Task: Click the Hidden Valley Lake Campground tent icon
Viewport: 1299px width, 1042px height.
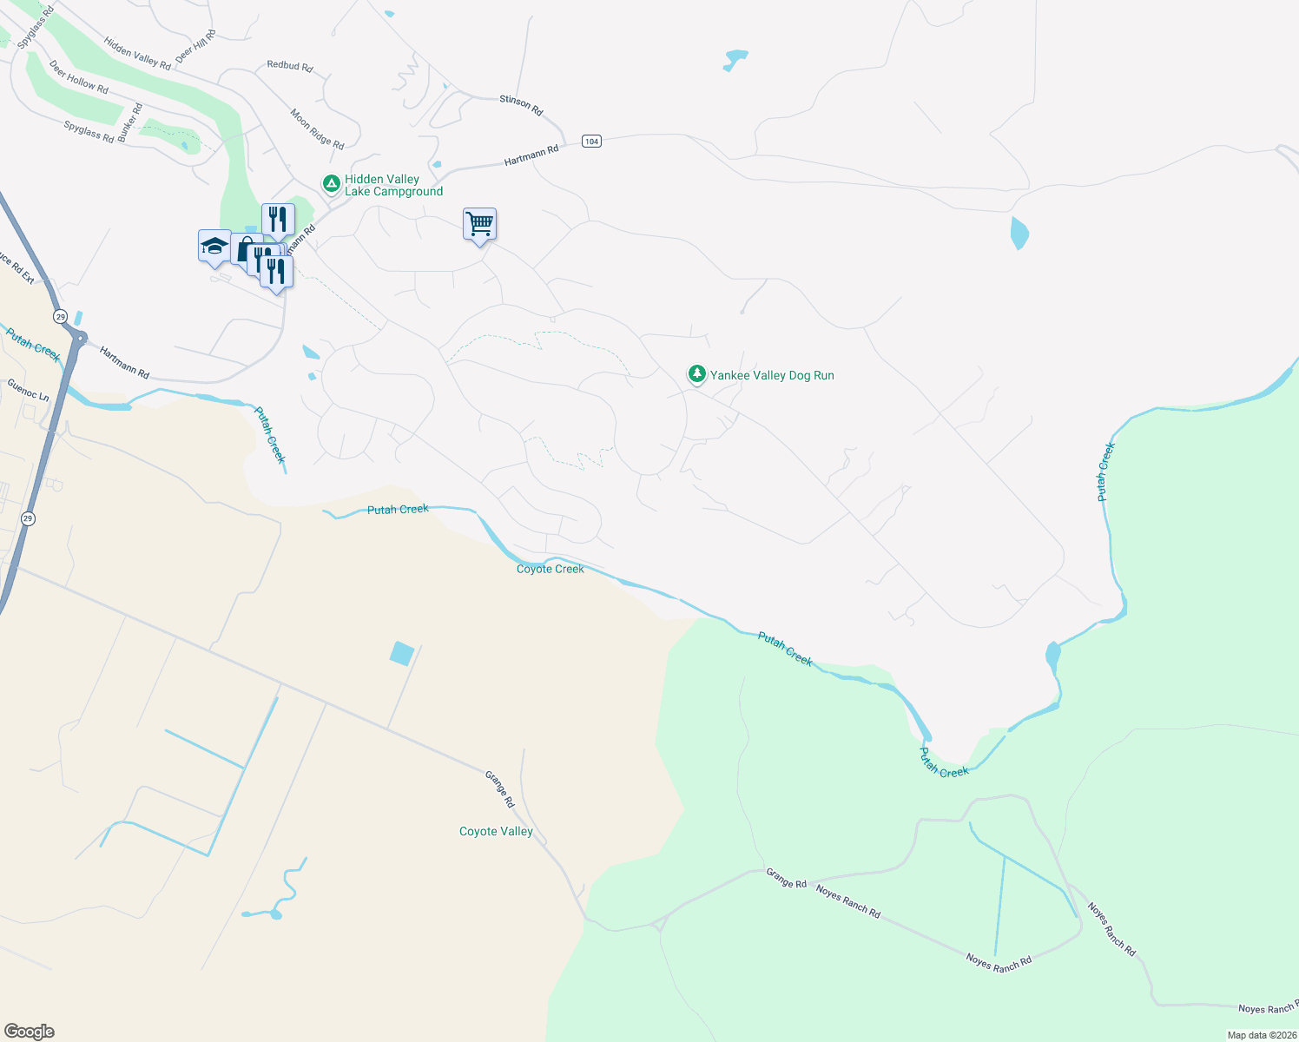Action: click(331, 183)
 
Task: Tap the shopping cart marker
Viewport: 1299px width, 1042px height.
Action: click(479, 224)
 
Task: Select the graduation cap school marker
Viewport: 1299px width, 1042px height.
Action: click(214, 247)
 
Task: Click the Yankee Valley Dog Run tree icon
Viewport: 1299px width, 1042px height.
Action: click(696, 374)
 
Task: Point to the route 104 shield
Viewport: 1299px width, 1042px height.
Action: click(591, 141)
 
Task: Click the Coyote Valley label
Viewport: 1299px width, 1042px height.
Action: click(496, 831)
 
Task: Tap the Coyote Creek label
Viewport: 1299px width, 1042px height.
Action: click(550, 569)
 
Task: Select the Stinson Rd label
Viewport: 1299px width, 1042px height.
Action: click(521, 105)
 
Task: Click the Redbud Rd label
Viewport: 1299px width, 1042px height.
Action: click(290, 66)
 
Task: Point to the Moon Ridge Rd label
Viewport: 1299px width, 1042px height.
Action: click(317, 129)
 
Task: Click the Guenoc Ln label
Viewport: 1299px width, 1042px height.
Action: click(29, 388)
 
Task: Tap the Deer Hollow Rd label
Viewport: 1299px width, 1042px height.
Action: click(79, 76)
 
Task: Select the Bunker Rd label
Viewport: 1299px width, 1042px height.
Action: click(129, 122)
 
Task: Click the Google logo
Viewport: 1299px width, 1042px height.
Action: click(30, 1032)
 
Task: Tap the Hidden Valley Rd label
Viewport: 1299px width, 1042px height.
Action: click(137, 53)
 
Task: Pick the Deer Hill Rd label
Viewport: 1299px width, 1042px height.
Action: click(195, 46)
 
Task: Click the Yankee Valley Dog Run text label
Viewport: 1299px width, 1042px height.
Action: click(772, 375)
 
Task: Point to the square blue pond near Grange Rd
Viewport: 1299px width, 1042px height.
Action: click(401, 653)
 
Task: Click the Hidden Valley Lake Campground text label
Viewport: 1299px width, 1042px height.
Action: click(393, 185)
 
